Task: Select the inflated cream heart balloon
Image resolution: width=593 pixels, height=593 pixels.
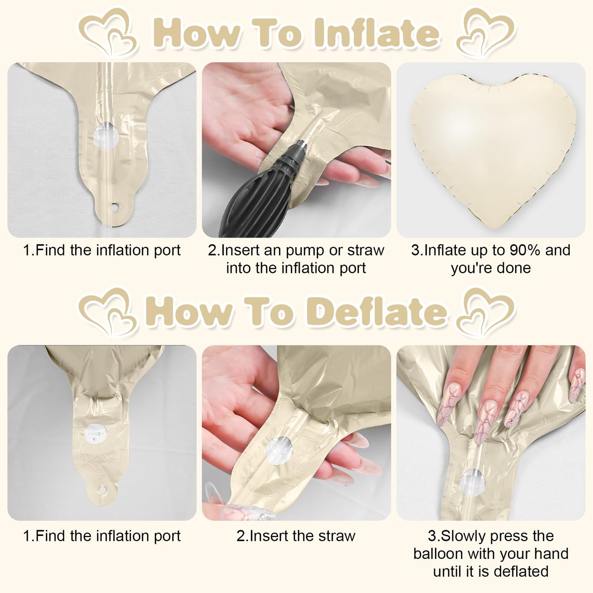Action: [x=492, y=150]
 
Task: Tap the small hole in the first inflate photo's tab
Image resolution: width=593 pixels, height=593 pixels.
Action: [x=114, y=206]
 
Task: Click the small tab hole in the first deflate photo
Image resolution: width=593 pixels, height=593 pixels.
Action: [x=102, y=490]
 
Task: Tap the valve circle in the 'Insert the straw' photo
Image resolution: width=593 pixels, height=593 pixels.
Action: [x=278, y=450]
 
